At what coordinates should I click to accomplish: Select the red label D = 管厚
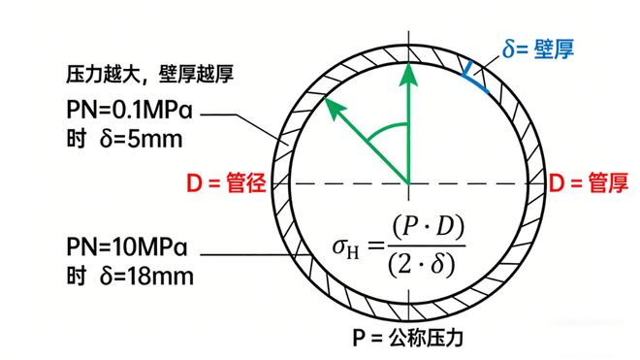591,181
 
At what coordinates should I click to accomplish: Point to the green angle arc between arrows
388,127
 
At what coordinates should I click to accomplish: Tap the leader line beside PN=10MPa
242,255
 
